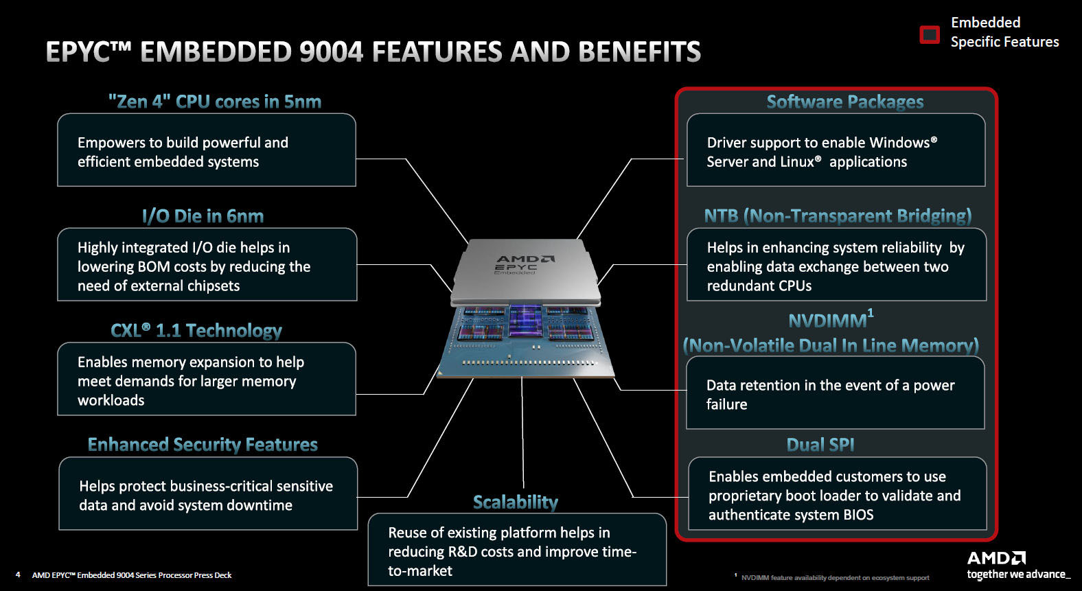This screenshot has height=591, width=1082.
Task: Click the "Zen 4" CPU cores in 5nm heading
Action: coord(215,102)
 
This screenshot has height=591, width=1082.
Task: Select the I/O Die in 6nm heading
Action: coord(203,216)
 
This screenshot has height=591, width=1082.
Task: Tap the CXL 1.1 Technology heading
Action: coord(196,330)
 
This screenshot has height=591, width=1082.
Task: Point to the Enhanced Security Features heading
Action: coord(203,445)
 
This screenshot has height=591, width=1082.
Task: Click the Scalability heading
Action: coord(516,502)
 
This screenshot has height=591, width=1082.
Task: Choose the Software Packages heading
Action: coord(845,102)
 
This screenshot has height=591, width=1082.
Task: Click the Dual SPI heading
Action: coord(820,445)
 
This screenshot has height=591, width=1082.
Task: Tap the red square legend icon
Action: coord(930,35)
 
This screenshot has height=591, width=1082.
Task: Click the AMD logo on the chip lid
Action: coord(525,259)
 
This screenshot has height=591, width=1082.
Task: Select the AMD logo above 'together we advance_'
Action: coord(996,558)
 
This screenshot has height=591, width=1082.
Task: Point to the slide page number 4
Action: coord(18,575)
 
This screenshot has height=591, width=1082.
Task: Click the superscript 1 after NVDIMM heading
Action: coord(871,314)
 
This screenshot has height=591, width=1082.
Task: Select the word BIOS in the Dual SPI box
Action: coord(858,515)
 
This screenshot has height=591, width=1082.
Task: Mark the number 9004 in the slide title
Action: coord(331,51)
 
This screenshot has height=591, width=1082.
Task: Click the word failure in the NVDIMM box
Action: coord(726,404)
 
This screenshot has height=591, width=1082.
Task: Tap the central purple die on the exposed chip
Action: coord(525,321)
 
